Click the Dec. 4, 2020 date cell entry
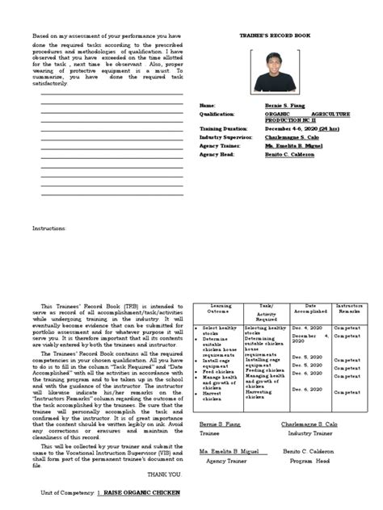pyautogui.click(x=307, y=328)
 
